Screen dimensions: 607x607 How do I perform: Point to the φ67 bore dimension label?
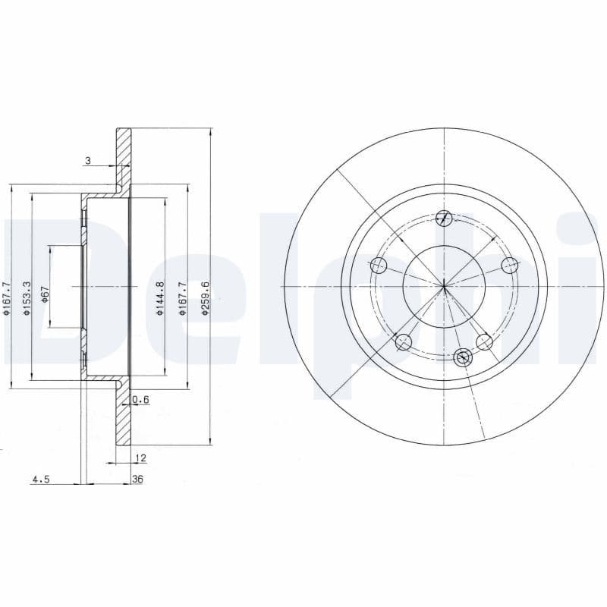tap(46, 294)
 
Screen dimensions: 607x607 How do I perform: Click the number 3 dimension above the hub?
tap(88, 160)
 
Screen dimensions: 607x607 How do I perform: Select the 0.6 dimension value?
tap(140, 399)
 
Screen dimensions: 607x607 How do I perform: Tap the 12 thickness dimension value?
tap(140, 458)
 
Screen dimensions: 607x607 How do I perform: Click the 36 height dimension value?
tap(137, 480)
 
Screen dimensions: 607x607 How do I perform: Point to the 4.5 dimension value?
tap(40, 480)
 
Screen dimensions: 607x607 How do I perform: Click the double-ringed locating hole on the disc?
tap(463, 357)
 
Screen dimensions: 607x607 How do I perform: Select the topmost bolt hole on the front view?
tap(445, 219)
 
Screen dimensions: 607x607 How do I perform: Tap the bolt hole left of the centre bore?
tap(379, 266)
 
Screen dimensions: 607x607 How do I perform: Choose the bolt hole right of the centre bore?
tap(510, 265)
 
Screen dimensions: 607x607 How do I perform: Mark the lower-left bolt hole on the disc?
tap(404, 341)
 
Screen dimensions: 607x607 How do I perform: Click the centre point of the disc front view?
tap(445, 286)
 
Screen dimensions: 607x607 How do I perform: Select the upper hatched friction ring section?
tap(124, 156)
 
